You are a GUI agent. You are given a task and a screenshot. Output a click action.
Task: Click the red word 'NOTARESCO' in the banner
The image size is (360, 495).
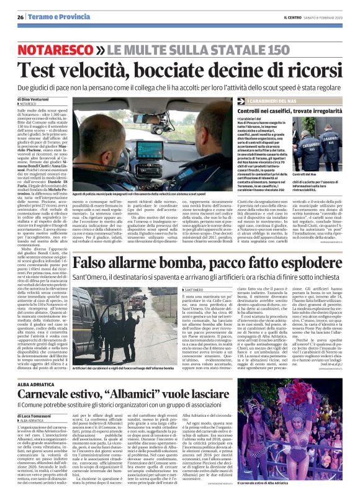coord(65,48)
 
